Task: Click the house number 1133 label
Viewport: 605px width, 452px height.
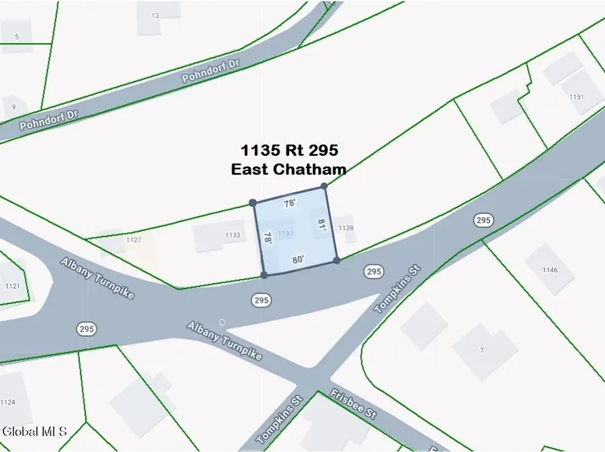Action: [232, 235]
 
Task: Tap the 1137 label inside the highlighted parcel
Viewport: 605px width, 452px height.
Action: [285, 233]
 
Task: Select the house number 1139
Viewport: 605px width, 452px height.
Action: [346, 228]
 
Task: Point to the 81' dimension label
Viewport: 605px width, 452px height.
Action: [322, 225]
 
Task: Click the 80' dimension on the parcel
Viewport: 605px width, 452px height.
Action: [298, 259]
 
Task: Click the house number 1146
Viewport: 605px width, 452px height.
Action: [550, 270]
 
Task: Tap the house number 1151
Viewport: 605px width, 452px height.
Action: [576, 97]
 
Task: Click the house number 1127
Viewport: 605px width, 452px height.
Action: [133, 239]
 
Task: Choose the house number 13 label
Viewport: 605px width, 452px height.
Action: [155, 15]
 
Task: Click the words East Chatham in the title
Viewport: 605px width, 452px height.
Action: [288, 169]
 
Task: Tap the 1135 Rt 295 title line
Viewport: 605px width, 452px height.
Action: [289, 150]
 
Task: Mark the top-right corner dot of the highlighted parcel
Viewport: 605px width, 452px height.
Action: [324, 186]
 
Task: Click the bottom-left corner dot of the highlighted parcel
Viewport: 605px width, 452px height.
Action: [264, 275]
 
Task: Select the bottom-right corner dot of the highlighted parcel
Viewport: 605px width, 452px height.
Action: [336, 260]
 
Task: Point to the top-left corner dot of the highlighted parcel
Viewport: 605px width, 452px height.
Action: [253, 202]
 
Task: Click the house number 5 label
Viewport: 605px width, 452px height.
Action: [16, 37]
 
